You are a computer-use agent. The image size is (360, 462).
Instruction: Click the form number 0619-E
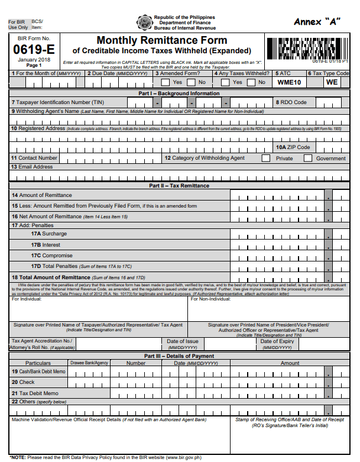point(34,50)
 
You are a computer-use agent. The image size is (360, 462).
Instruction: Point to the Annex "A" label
point(319,22)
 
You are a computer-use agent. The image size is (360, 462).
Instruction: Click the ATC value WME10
point(289,82)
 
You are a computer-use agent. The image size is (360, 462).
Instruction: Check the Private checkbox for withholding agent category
point(266,158)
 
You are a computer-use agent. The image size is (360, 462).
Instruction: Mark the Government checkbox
point(308,158)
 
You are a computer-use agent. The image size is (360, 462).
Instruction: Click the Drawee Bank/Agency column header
point(89,363)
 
